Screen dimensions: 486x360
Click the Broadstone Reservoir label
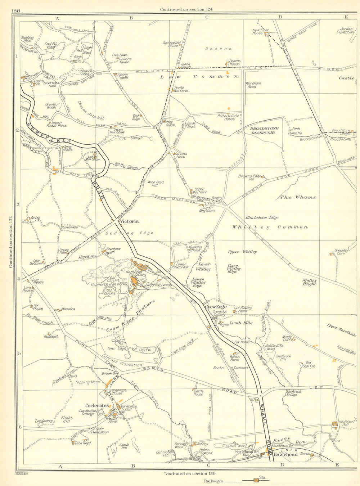[262, 130]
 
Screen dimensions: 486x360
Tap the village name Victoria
[130, 221]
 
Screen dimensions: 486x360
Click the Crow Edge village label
[216, 307]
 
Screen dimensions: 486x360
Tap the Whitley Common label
[270, 227]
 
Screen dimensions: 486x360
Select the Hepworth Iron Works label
[114, 284]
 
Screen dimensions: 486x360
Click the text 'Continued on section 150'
[190, 474]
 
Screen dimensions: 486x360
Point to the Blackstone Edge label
[262, 217]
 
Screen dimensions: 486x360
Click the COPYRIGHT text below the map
[22, 474]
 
